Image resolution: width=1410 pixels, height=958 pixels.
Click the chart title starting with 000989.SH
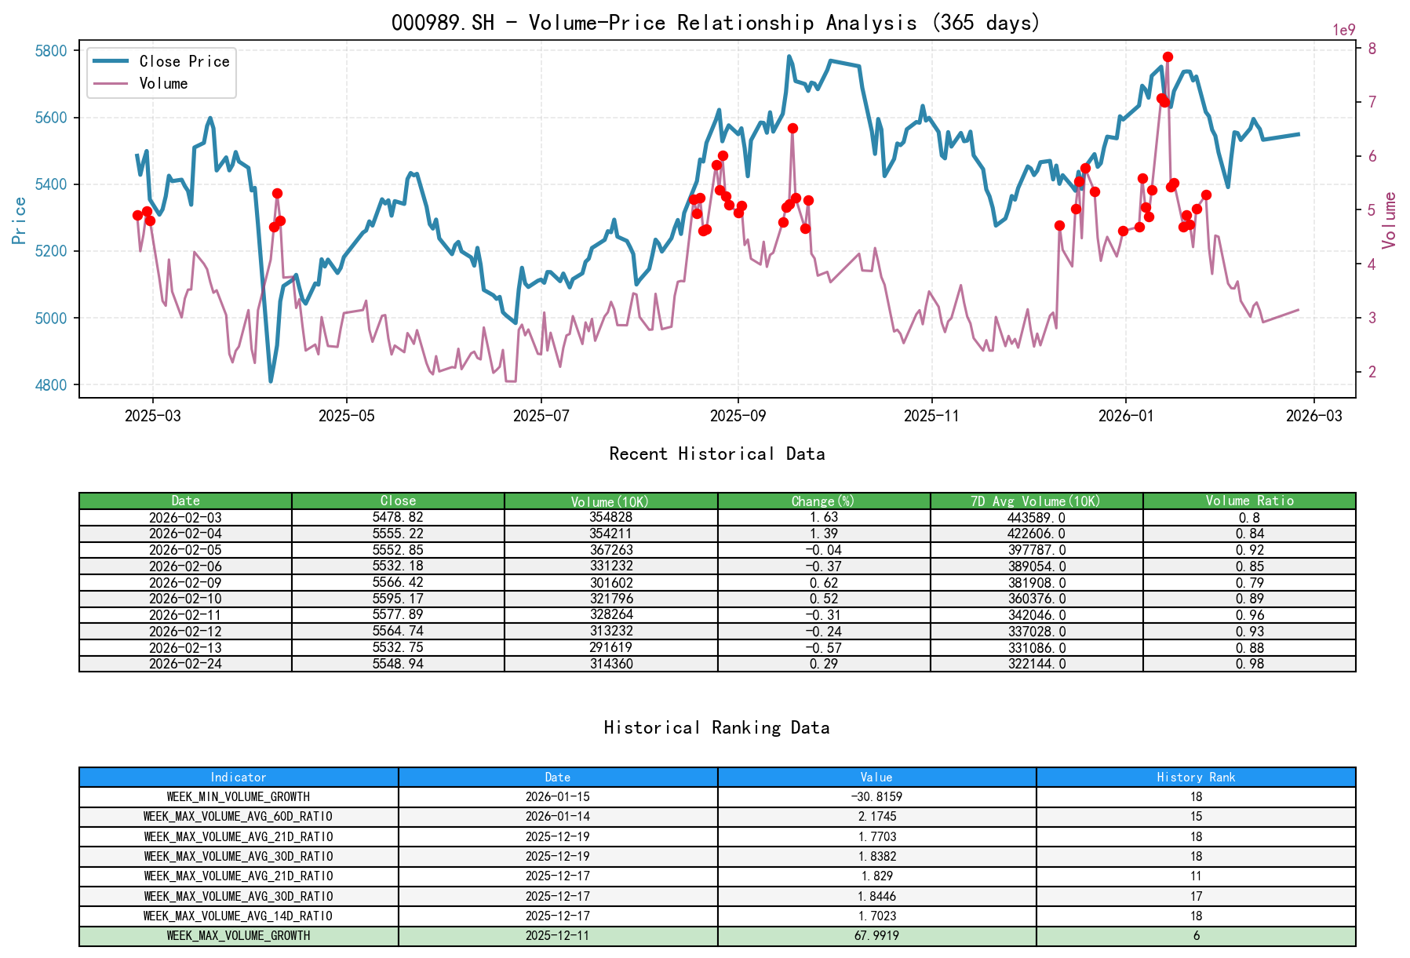(x=716, y=22)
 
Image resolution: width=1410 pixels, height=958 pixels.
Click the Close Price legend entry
(x=184, y=61)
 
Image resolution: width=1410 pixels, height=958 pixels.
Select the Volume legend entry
(x=163, y=83)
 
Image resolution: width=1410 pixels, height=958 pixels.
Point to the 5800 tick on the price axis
(x=52, y=51)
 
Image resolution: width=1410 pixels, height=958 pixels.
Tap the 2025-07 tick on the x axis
(x=541, y=416)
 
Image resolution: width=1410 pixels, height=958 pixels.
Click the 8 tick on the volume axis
(x=1372, y=49)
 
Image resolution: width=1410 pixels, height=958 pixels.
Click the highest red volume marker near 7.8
(x=1168, y=56)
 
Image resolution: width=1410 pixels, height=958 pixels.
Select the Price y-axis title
(x=20, y=220)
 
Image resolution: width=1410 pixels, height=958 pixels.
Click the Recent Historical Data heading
(x=716, y=454)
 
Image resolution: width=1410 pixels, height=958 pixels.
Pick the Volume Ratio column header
(x=1249, y=501)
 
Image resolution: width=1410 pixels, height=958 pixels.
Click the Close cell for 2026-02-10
(x=398, y=599)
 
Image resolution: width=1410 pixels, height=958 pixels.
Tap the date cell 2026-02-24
(x=185, y=664)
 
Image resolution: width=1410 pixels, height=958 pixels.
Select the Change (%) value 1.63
(x=824, y=517)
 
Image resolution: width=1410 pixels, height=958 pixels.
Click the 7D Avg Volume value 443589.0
(x=1037, y=517)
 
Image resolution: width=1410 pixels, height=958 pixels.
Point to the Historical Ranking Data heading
(x=716, y=727)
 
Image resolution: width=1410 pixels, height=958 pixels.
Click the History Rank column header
(x=1196, y=777)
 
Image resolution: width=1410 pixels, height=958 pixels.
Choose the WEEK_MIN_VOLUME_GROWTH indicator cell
(x=239, y=796)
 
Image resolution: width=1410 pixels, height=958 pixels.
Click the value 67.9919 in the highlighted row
(x=876, y=935)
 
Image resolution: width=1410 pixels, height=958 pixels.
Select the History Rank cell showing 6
(x=1196, y=935)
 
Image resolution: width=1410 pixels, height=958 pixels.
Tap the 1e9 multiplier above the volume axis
(x=1343, y=30)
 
